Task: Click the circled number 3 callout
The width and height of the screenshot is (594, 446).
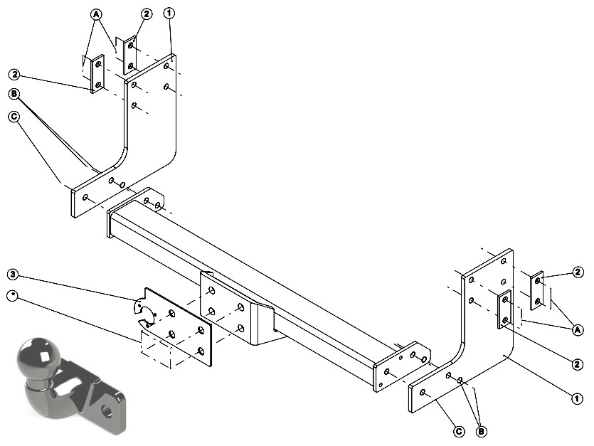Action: tap(13, 274)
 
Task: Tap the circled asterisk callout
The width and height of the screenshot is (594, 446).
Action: tap(13, 296)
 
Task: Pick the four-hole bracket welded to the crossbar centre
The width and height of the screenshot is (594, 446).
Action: tap(226, 308)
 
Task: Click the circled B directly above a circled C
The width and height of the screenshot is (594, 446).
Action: tap(14, 94)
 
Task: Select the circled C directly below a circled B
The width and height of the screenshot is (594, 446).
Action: tap(14, 117)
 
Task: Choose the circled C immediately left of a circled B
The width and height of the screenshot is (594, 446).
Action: tap(459, 431)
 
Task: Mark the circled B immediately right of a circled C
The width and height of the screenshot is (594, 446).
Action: tap(481, 431)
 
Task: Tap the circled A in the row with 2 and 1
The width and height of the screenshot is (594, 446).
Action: tap(96, 14)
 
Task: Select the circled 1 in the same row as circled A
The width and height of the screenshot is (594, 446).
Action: tap(169, 14)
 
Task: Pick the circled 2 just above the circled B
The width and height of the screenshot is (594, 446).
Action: tap(14, 74)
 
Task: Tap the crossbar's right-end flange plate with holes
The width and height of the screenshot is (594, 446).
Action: tap(402, 366)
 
